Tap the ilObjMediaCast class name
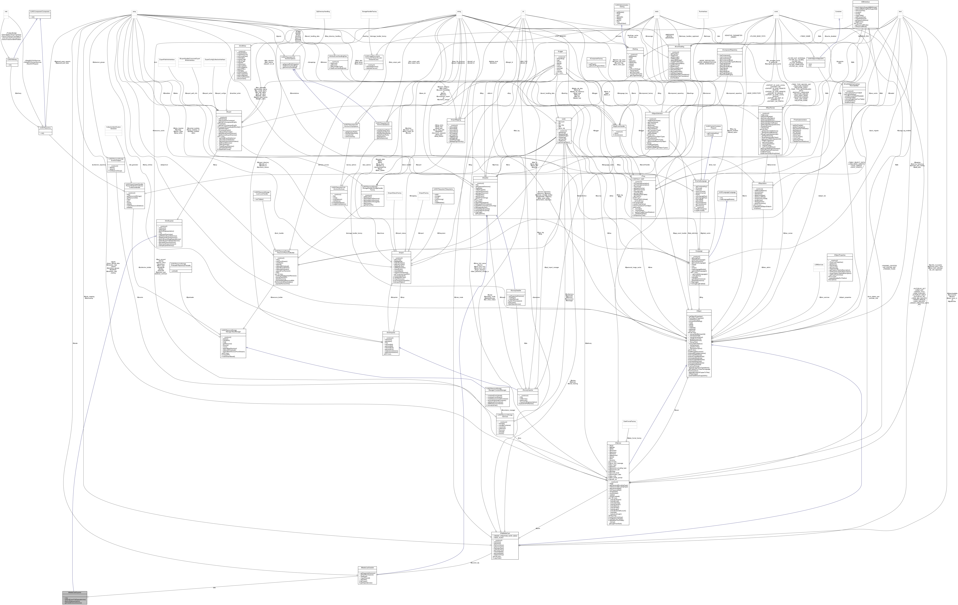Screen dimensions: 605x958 [505, 533]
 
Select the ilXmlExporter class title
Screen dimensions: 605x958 [169, 221]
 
